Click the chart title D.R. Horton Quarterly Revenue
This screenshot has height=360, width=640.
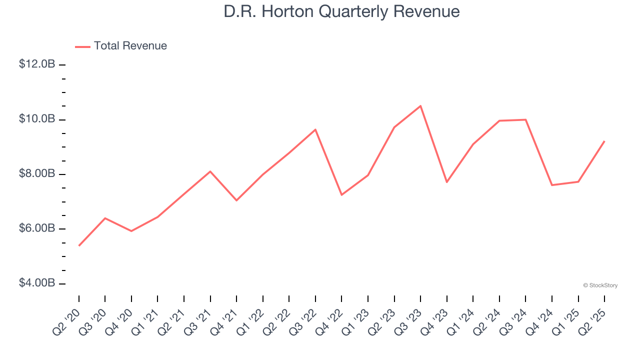pos(341,11)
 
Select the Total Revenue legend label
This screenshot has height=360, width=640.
pos(130,46)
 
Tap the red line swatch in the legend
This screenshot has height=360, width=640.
pos(82,46)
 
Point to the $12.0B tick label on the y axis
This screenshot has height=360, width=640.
pos(37,64)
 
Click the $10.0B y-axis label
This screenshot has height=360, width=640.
pos(37,119)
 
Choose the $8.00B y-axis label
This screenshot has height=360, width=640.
pos(37,174)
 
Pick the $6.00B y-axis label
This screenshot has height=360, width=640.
pos(37,228)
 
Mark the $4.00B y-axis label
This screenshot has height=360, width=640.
pos(37,283)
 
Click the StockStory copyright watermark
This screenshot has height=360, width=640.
pos(600,285)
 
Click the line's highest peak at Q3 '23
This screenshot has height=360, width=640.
pos(420,105)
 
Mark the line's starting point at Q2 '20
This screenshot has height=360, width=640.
pos(79,245)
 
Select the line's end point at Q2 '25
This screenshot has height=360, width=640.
pos(604,141)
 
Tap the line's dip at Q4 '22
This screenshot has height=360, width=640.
pos(341,195)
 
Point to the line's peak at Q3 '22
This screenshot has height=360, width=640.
pos(315,129)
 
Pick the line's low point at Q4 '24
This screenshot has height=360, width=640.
pos(552,185)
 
